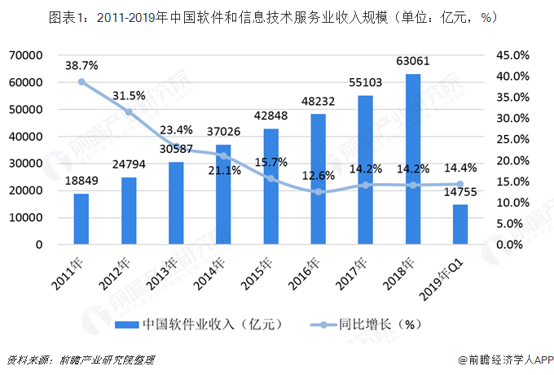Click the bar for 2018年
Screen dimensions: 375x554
pos(413,159)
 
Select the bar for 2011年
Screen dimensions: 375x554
pos(81,219)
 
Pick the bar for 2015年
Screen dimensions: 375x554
pos(271,186)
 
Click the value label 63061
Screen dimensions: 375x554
pos(413,61)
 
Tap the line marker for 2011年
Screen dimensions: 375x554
pos(81,81)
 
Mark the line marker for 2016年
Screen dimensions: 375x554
pos(319,192)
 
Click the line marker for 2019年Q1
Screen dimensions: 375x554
pos(460,184)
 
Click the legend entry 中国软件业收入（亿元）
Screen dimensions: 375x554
pos(200,324)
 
